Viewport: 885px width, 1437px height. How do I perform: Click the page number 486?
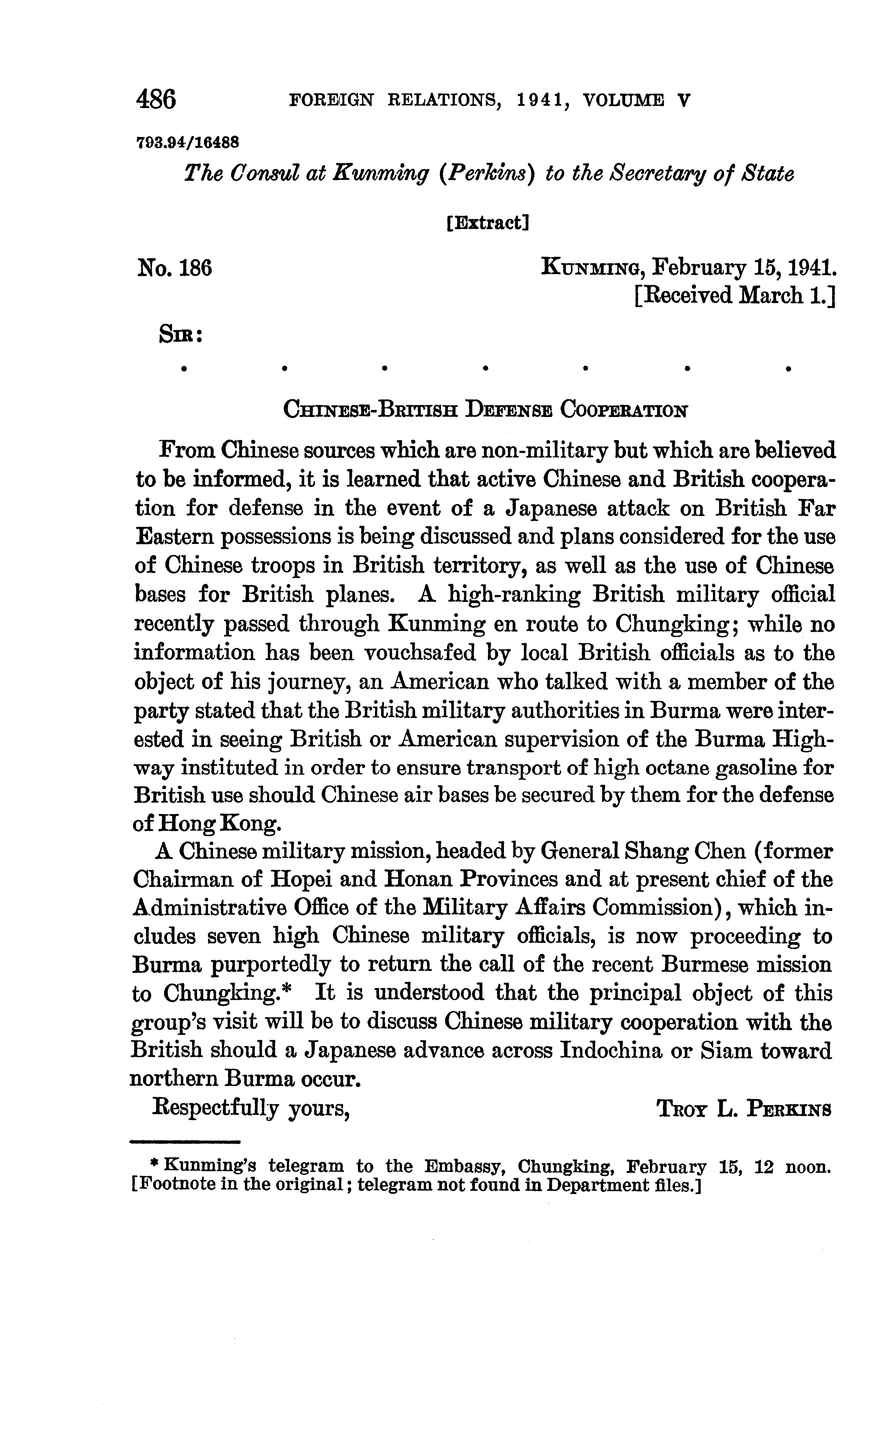coord(156,100)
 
